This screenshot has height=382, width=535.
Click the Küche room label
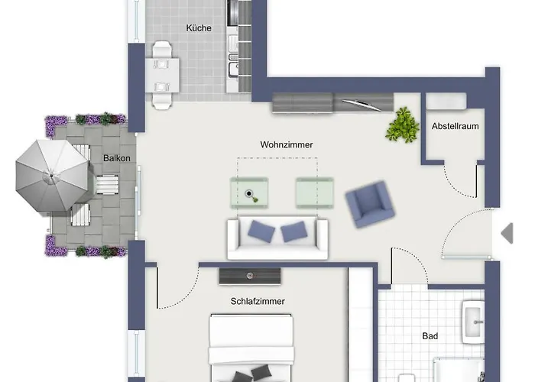[198, 28]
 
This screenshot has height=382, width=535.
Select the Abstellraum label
[456, 126]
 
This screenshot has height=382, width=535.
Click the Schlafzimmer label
[258, 301]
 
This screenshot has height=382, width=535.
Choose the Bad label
[430, 335]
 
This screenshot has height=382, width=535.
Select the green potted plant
[402, 125]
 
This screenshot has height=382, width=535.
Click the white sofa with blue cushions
[277, 238]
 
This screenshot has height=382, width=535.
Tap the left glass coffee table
[250, 192]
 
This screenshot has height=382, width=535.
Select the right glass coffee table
[315, 192]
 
